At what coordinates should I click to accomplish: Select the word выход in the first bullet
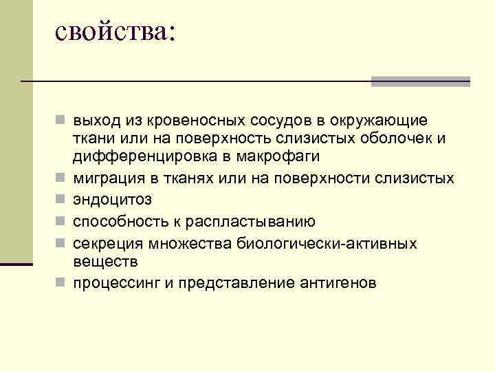coord(96,121)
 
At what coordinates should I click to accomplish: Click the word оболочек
coord(397,138)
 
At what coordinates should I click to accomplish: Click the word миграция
coord(109,178)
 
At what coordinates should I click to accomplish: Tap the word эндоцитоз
coord(113,200)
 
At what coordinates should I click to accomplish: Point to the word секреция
coord(105,243)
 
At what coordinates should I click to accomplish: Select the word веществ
coord(105,261)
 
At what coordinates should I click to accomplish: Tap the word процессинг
coord(115,283)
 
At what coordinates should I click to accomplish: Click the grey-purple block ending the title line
coord(420,81)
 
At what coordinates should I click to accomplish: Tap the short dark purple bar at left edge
coord(16,264)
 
